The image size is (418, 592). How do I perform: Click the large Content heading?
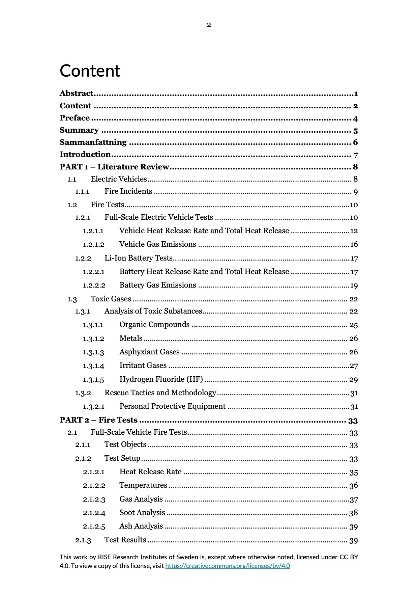(90, 71)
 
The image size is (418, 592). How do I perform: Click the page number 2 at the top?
(209, 25)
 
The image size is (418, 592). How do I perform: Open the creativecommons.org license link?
(228, 566)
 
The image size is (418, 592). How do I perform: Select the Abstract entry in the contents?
(77, 93)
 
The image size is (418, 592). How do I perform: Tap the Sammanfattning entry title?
(93, 142)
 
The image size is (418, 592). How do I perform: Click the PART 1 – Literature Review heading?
(114, 167)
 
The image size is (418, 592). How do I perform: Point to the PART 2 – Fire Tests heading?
(98, 420)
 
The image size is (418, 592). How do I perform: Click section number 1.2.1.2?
(93, 244)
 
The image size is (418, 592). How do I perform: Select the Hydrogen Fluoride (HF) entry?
(161, 379)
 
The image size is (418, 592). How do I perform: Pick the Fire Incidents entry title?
(128, 191)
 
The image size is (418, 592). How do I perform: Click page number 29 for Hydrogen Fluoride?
(353, 380)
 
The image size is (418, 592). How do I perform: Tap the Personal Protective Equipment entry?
(172, 406)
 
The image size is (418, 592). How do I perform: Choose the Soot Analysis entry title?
(142, 513)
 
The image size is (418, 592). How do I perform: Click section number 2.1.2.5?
(94, 527)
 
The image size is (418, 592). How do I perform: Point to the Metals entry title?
(131, 339)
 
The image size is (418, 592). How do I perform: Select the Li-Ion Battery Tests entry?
(139, 258)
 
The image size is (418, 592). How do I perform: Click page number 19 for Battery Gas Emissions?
(354, 286)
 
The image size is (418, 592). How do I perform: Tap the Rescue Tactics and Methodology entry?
(160, 393)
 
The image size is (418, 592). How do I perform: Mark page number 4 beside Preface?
(355, 119)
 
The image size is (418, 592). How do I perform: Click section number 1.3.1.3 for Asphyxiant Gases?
(93, 352)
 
